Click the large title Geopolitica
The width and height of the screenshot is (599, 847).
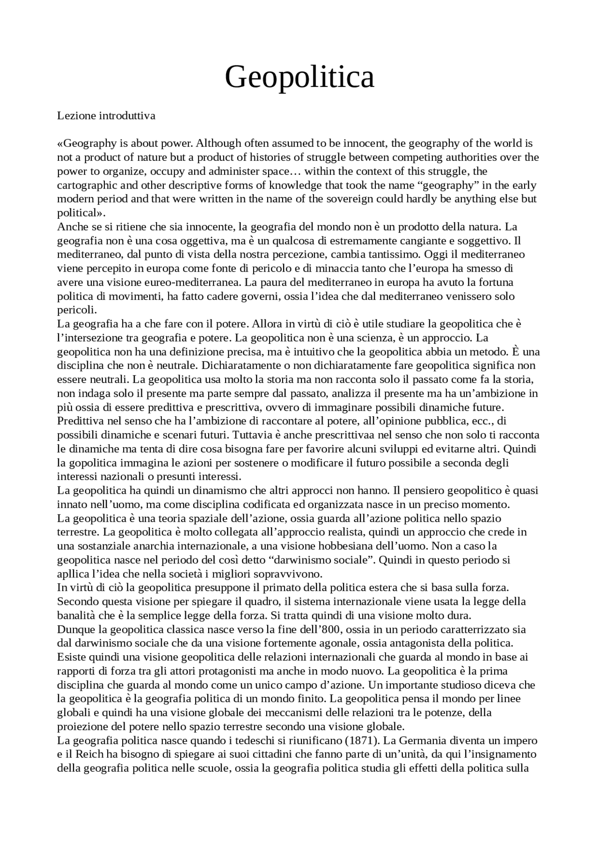click(299, 77)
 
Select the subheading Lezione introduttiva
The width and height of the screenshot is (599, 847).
click(106, 116)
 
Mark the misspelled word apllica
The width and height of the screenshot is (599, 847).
click(73, 574)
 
